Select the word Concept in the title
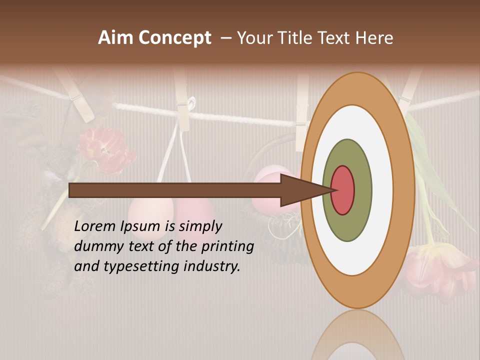175,38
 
